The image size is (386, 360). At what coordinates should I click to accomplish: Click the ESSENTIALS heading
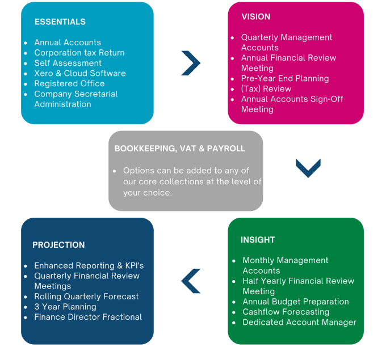60,22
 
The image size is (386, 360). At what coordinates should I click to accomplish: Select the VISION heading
255,17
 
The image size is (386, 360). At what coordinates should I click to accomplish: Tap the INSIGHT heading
258,240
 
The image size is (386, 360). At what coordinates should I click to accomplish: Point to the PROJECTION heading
58,245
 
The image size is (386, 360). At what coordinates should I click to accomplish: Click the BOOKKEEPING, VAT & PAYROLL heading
179,149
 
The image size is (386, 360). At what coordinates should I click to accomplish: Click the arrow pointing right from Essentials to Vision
190,63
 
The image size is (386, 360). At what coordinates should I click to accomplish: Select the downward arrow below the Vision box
308,168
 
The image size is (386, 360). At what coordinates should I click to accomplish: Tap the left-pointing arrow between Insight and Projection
191,281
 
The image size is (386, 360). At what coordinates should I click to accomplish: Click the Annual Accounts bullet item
67,43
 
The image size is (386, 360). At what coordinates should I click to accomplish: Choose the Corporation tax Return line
79,53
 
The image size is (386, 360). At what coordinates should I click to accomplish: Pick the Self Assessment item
68,63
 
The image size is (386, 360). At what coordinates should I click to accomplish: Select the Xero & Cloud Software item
79,73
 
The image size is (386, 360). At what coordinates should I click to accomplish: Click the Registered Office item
69,83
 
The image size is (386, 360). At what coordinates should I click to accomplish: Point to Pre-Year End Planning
284,78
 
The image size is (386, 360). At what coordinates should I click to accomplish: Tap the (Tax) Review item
266,88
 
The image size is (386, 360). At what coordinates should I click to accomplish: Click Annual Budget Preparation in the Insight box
295,302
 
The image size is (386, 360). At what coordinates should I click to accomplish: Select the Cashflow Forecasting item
286,312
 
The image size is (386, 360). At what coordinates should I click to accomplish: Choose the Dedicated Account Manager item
299,322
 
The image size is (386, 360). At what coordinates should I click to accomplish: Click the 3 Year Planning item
65,307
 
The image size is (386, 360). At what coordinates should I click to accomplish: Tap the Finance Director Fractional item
87,317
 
